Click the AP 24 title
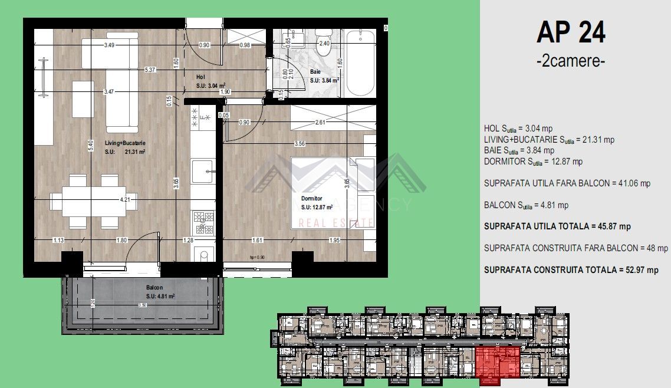pos(570,32)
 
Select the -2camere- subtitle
pos(570,61)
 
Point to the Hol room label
pos(200,77)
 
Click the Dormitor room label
pos(312,199)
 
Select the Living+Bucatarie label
pos(126,143)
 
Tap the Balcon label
pos(155,288)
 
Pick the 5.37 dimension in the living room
pos(150,70)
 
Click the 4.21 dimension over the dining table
pos(125,199)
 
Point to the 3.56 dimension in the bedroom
pos(300,143)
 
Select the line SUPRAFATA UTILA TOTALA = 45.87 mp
pos(557,226)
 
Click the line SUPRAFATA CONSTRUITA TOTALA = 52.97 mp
pos(571,270)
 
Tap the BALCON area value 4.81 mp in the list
pos(526,206)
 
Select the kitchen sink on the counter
pos(203,172)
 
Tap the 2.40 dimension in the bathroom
pos(324,43)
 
